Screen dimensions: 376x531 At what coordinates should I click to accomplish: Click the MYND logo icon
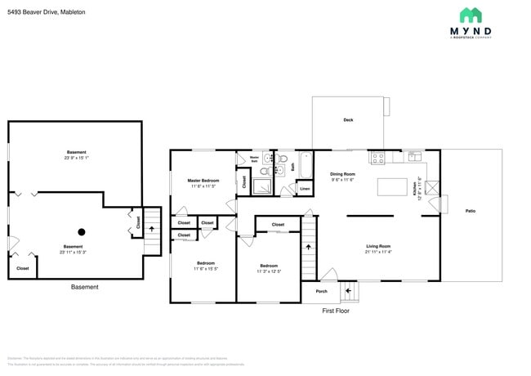pos(471,15)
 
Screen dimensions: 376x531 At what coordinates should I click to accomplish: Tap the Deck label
pos(348,120)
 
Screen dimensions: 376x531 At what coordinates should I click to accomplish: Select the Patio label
pos(471,211)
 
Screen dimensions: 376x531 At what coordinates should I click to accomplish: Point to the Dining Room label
pos(342,174)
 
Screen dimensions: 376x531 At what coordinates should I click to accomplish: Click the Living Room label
pos(377,246)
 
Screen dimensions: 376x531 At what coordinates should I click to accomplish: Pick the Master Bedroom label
pos(203,180)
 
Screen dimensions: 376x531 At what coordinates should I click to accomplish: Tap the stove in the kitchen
pos(378,157)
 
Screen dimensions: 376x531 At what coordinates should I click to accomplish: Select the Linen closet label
pos(305,189)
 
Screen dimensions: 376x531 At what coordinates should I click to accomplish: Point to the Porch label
pos(321,291)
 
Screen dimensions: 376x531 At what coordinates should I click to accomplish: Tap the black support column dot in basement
pos(81,231)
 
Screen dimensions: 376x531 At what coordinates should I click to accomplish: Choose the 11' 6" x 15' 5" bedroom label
pos(203,265)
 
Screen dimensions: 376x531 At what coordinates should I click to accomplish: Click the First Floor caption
pos(336,311)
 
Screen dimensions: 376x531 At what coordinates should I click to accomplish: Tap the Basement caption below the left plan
pos(85,287)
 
